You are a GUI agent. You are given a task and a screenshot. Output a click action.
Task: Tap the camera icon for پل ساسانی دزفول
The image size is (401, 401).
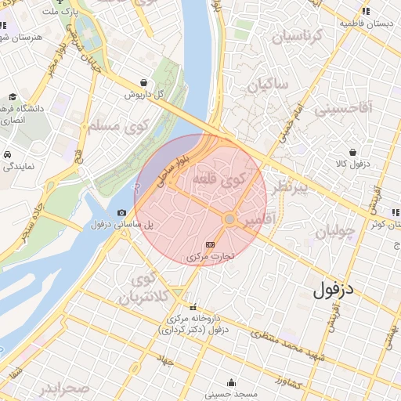tap(121, 213)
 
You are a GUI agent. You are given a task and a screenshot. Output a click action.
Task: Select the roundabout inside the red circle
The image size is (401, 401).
tap(229, 219)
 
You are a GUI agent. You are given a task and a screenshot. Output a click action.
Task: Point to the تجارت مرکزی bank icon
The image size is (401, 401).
tap(209, 244)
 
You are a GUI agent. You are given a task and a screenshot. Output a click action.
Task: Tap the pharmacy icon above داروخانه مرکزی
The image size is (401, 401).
tap(193, 307)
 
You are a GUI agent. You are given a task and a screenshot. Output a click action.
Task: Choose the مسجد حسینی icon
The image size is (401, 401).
tap(231, 383)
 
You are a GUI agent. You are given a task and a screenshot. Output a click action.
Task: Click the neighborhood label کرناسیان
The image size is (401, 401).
tap(296, 35)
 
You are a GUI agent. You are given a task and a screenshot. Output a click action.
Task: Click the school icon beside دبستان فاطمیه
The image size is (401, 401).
tap(366, 12)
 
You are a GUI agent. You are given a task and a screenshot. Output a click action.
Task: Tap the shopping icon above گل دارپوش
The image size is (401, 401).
tap(143, 82)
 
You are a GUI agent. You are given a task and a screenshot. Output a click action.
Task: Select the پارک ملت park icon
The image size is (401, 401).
tap(60, 2)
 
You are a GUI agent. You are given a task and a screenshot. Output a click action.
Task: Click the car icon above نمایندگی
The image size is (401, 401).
tap(7, 154)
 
